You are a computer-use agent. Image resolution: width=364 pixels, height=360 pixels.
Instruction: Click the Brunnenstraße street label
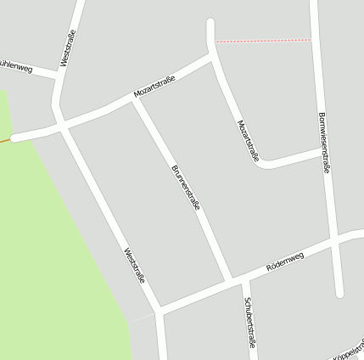[186, 188]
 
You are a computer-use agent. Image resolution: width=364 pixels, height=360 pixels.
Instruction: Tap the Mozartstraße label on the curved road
[248, 140]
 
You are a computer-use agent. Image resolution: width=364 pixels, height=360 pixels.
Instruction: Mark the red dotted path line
[263, 40]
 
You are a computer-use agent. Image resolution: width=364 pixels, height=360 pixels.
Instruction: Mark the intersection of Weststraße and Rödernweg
[159, 307]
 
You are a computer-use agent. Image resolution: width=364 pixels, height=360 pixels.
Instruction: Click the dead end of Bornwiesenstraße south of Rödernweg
[339, 294]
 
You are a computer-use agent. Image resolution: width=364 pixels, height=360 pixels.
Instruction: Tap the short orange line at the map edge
[4, 140]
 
